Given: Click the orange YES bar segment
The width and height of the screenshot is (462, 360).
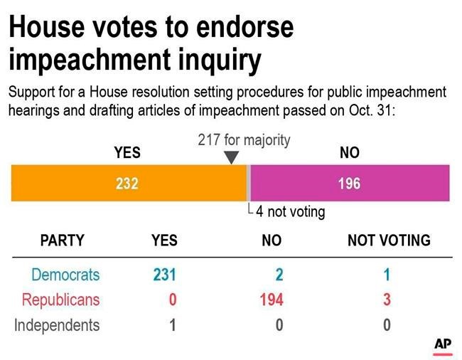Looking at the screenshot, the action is click(x=129, y=183).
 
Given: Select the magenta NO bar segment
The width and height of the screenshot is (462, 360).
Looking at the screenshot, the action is click(x=350, y=183).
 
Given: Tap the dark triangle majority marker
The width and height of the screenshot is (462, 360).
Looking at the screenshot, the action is click(x=231, y=157).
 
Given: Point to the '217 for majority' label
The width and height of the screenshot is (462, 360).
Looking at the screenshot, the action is click(x=244, y=140).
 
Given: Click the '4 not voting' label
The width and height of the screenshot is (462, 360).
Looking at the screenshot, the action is click(x=291, y=212).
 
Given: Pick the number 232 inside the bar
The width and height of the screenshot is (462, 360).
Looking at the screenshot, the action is click(x=127, y=184).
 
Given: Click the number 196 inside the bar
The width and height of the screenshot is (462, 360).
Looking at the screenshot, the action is click(x=349, y=184).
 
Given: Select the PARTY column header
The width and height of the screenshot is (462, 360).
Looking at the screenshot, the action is click(x=63, y=240).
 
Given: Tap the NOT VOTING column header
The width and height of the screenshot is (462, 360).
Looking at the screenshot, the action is click(x=389, y=240).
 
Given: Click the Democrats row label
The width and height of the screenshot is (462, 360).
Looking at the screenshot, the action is click(x=65, y=275).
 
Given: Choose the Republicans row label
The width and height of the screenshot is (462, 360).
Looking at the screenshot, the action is click(x=60, y=300).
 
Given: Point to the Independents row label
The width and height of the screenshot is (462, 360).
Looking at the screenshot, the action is click(x=57, y=325).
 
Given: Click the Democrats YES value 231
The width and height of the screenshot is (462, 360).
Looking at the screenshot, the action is click(x=164, y=275).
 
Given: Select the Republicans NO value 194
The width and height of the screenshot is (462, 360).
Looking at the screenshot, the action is click(x=272, y=300).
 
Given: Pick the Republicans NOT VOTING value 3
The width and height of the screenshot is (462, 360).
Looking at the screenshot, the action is click(x=387, y=300).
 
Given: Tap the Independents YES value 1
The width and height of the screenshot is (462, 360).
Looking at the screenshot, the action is click(x=173, y=325).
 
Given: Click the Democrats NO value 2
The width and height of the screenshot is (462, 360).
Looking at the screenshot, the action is click(x=279, y=275).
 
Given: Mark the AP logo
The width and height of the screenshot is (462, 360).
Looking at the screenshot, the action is click(x=443, y=346).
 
